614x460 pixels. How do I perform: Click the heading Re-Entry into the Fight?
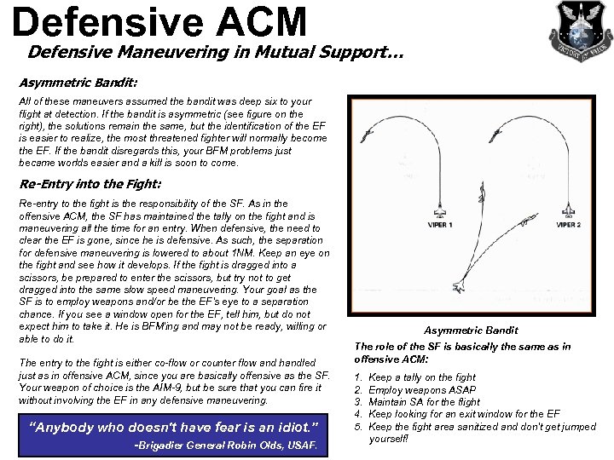point(89,183)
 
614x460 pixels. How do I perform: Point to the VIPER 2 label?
point(569,225)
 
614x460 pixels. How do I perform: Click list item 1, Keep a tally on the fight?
point(421,377)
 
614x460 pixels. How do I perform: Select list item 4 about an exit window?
point(464,414)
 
